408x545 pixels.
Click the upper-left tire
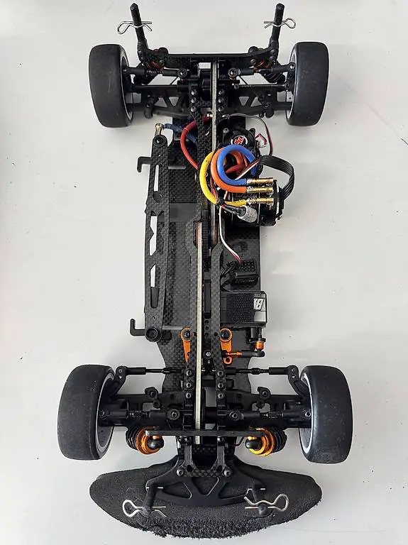(x=109, y=85)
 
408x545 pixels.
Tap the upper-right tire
(x=308, y=82)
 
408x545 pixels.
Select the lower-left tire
(x=84, y=412)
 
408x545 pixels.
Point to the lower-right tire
(x=327, y=414)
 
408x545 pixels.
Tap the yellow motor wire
(x=206, y=174)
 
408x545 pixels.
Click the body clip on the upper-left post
(x=134, y=26)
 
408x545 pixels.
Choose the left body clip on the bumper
(x=135, y=507)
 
